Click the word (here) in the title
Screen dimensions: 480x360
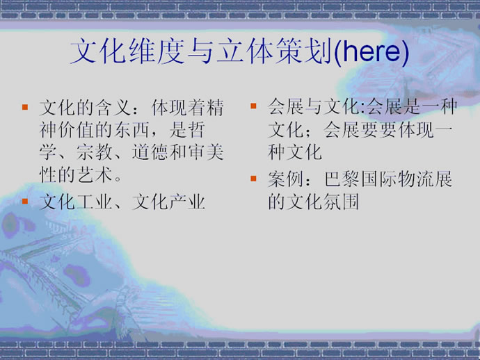coord(371,51)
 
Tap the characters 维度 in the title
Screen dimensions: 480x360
coord(157,51)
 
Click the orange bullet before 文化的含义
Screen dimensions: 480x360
coord(25,107)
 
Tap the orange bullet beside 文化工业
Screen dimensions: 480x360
coord(25,202)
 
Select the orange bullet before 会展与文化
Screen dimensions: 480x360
coord(253,106)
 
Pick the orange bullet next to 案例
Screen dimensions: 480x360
coord(253,179)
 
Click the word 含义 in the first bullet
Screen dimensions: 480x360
coord(113,108)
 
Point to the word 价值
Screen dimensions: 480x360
coord(77,130)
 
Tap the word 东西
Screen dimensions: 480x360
coord(132,130)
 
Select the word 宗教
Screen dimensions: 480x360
coord(95,152)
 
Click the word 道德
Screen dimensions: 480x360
coord(150,152)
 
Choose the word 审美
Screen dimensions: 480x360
coord(206,152)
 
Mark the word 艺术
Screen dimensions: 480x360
coord(95,175)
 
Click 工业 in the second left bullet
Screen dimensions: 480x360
coord(95,202)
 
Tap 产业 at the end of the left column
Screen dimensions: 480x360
coord(187,202)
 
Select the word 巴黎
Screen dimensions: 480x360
coord(342,179)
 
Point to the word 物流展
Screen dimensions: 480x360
coord(425,179)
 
